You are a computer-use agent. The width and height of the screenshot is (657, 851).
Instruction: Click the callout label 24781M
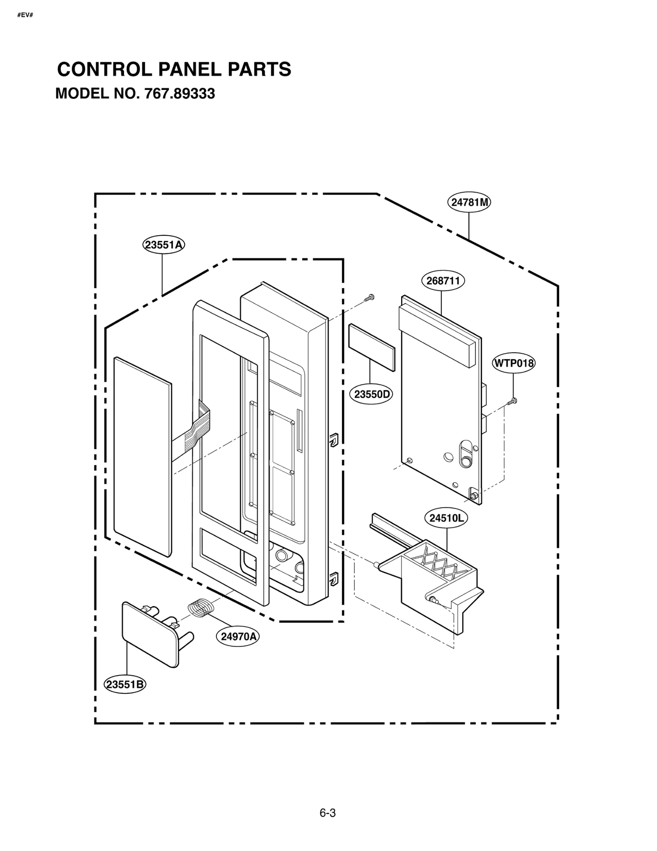[469, 202]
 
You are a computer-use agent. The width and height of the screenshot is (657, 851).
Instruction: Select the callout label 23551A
[163, 245]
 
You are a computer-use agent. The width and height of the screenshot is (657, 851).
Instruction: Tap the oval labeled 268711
[443, 281]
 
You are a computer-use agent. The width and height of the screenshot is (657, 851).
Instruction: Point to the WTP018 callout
[513, 363]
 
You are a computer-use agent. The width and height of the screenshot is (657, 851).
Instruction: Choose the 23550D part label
[371, 395]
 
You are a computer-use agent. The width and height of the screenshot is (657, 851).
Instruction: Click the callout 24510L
[446, 518]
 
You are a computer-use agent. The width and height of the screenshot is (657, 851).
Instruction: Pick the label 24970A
[238, 636]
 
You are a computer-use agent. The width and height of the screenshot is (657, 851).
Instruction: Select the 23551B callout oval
[125, 684]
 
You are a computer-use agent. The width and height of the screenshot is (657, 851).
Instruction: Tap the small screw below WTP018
[512, 401]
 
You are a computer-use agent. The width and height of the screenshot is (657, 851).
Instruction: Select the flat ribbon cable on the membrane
[193, 435]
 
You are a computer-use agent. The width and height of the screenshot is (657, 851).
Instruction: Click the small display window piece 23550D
[371, 347]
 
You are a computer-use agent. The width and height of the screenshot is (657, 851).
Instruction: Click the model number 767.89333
[179, 94]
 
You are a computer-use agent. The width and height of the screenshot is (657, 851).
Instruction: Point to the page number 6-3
[327, 813]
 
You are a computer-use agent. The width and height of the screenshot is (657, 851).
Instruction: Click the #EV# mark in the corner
[25, 15]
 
